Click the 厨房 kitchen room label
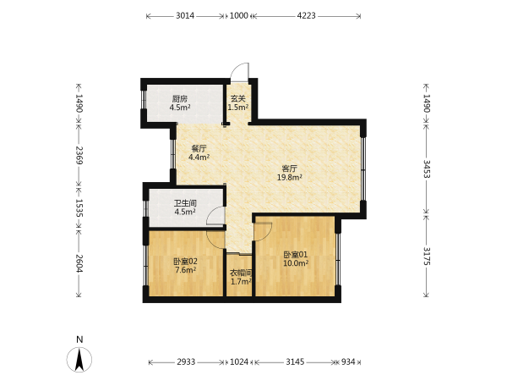(180, 99)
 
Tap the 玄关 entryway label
(238, 98)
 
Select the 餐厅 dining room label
(199, 149)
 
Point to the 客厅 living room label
(289, 168)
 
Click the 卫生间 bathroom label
(185, 203)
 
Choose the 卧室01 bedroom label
(296, 255)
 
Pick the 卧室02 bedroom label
(185, 262)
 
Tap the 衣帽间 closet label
(241, 273)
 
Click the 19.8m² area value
(289, 177)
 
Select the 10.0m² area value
(296, 263)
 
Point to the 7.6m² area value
(185, 270)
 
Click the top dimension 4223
(306, 15)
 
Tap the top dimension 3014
(185, 15)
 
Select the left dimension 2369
(79, 155)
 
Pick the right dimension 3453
(427, 168)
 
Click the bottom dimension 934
(348, 362)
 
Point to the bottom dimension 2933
(186, 362)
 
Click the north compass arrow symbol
(79, 359)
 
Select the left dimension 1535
(79, 207)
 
